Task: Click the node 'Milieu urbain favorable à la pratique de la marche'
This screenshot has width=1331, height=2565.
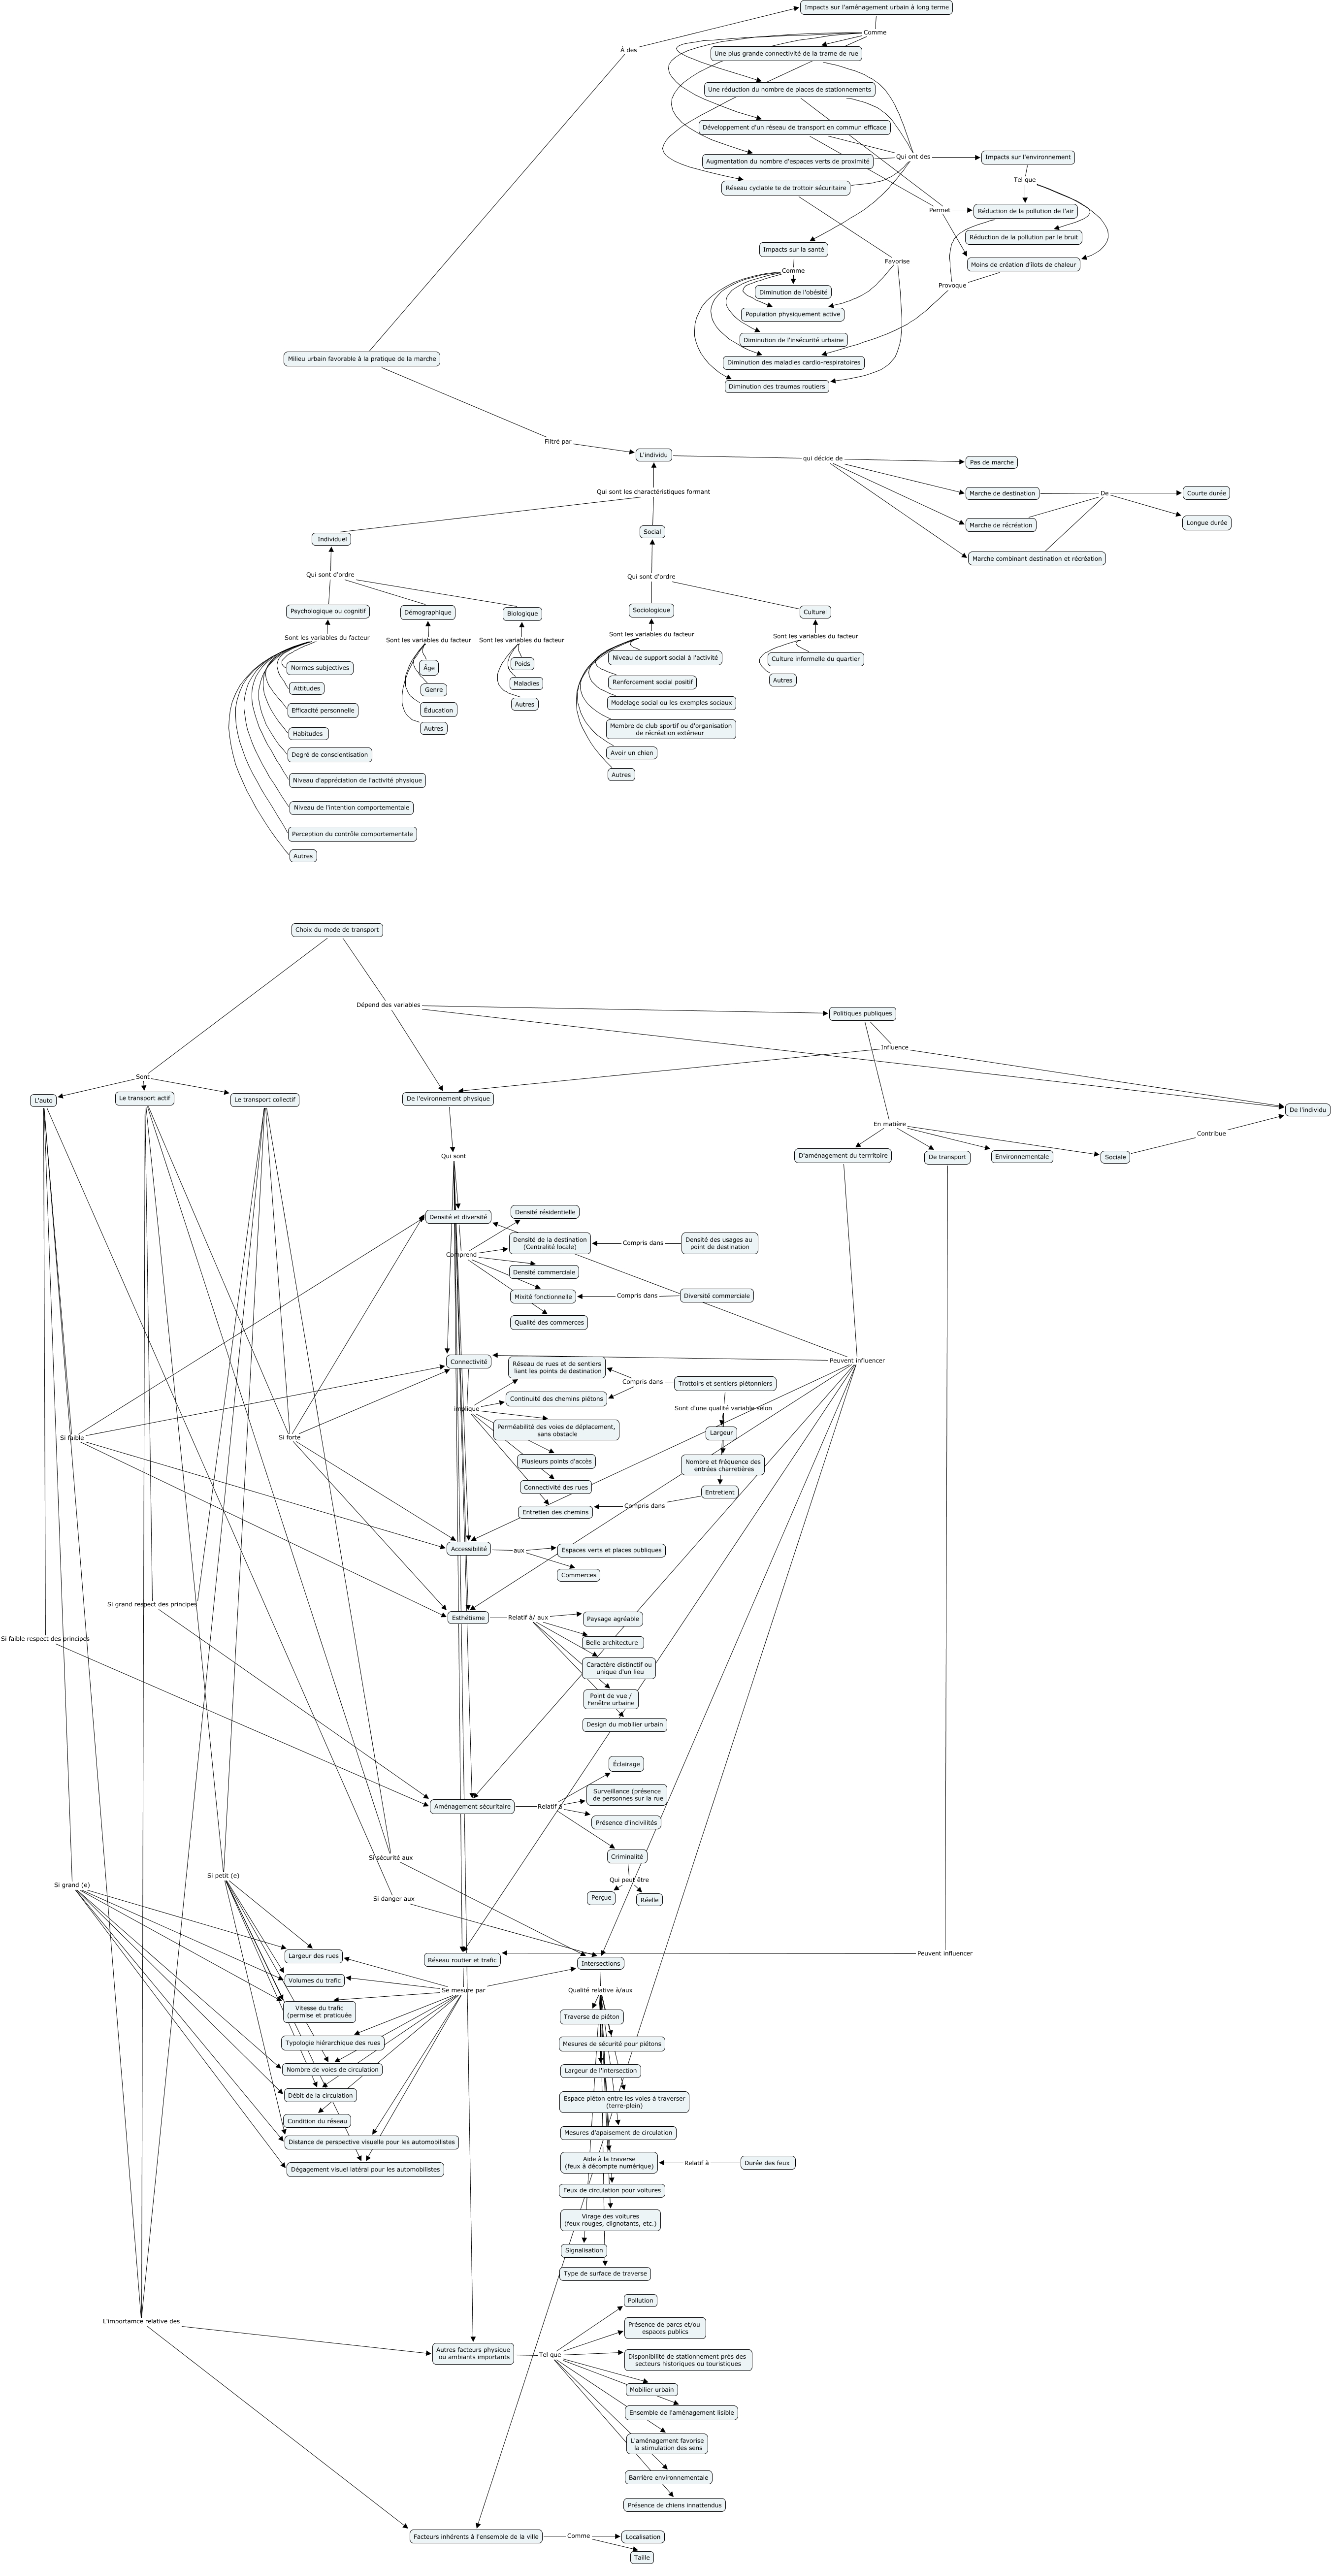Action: tap(361, 358)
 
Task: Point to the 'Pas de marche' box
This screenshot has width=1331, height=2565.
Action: tap(991, 462)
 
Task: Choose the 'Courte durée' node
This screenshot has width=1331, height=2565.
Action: tap(1205, 493)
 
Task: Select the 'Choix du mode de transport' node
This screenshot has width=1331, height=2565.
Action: tap(336, 930)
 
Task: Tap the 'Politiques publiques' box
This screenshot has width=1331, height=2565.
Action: tap(862, 1014)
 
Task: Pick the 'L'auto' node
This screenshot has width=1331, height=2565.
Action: tap(43, 1100)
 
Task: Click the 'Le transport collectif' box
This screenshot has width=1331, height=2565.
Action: tap(265, 1100)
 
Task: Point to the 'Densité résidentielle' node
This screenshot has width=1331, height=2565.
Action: tap(545, 1212)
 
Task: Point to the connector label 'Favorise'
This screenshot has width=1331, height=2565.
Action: tap(897, 261)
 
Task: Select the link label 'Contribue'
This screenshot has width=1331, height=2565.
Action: tap(1210, 1133)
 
